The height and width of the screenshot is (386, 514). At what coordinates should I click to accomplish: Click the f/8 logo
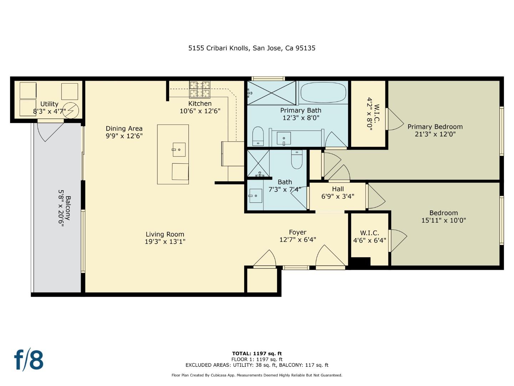pyautogui.click(x=29, y=360)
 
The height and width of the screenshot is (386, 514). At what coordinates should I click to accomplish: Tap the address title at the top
pyautogui.click(x=252, y=48)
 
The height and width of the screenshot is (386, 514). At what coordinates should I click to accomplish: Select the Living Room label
pyautogui.click(x=165, y=234)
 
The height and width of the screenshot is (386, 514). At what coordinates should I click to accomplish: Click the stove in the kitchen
pyautogui.click(x=200, y=89)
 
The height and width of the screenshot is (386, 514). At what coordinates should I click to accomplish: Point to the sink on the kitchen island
pyautogui.click(x=179, y=149)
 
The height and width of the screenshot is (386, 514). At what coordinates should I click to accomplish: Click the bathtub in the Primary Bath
pyautogui.click(x=323, y=93)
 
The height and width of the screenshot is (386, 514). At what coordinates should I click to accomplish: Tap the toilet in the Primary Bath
pyautogui.click(x=258, y=136)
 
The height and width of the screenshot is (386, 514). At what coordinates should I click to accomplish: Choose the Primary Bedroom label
pyautogui.click(x=435, y=127)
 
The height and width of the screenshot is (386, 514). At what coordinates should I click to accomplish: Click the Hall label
pyautogui.click(x=338, y=189)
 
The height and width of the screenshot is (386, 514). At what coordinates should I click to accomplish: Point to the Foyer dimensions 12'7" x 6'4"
pyautogui.click(x=297, y=240)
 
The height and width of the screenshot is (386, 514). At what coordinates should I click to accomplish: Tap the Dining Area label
pyautogui.click(x=124, y=128)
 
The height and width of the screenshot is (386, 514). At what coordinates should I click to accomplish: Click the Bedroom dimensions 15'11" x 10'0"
pyautogui.click(x=443, y=221)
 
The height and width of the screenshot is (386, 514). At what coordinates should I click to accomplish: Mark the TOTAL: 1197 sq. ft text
pyautogui.click(x=257, y=353)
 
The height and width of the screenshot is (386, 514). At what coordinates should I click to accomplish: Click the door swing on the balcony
pyautogui.click(x=50, y=131)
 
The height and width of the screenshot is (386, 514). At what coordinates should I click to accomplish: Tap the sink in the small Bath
pyautogui.click(x=255, y=196)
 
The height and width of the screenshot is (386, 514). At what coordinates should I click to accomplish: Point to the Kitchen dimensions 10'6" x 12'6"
pyautogui.click(x=200, y=111)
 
